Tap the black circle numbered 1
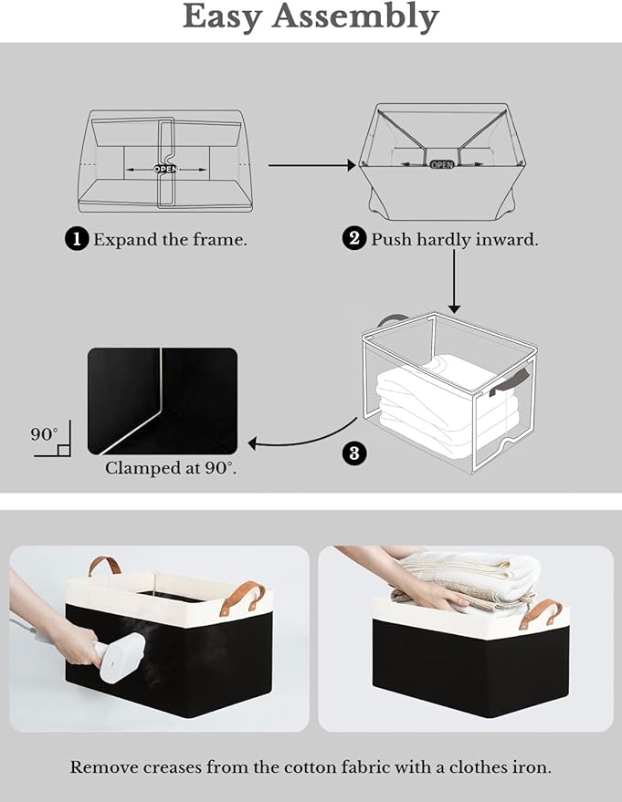[x=77, y=240]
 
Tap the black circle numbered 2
[x=353, y=240]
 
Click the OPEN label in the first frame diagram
[x=165, y=169]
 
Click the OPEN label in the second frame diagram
[x=441, y=164]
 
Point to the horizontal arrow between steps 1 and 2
[x=311, y=165]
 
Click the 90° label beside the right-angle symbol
[x=43, y=434]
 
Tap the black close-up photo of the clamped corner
[x=162, y=401]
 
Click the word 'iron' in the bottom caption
[x=532, y=767]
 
